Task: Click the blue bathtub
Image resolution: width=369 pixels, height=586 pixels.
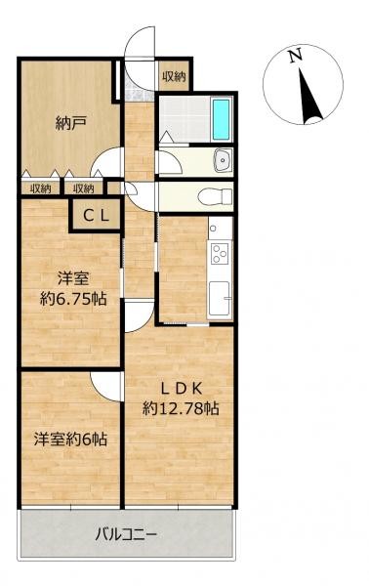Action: pyautogui.click(x=222, y=120)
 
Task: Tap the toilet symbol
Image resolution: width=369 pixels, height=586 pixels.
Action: pyautogui.click(x=208, y=195)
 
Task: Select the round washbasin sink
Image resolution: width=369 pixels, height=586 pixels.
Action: pyautogui.click(x=222, y=160)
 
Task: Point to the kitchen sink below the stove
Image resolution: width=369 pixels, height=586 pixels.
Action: pyautogui.click(x=219, y=292)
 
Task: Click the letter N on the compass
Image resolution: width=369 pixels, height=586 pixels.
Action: pyautogui.click(x=297, y=58)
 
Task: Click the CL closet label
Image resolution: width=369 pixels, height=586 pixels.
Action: pyautogui.click(x=95, y=217)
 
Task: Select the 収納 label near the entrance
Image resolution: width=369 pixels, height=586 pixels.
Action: pyautogui.click(x=174, y=76)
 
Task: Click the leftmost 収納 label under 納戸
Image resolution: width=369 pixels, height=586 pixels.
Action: pyautogui.click(x=40, y=188)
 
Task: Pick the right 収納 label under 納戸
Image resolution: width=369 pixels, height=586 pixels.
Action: pyautogui.click(x=82, y=188)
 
